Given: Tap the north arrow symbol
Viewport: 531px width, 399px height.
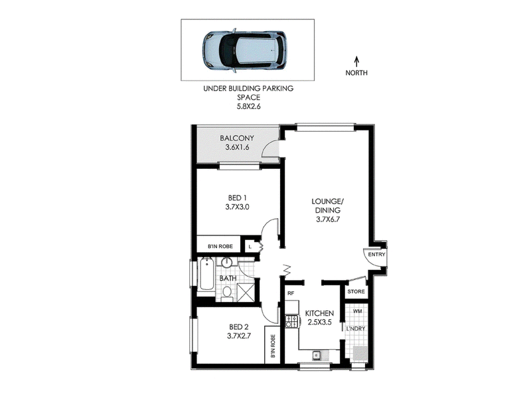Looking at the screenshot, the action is [x=356, y=61].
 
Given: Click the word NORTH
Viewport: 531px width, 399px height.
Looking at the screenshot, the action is [x=356, y=72].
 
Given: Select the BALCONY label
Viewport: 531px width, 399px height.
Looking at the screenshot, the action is [x=237, y=138].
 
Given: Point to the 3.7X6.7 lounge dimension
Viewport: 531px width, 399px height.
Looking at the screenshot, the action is [x=328, y=219].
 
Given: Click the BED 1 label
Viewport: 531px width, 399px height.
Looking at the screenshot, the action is [x=237, y=198].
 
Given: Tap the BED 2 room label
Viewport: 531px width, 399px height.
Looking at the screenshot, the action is [x=239, y=327].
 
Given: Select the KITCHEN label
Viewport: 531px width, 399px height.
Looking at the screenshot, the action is [x=319, y=313].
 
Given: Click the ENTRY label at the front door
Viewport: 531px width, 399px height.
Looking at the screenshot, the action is [x=376, y=255].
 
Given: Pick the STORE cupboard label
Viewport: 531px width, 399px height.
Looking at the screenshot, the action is [x=356, y=291].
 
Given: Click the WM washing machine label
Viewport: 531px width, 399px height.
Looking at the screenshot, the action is [x=357, y=311].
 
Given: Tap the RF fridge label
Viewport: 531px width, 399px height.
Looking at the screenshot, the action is [x=291, y=293].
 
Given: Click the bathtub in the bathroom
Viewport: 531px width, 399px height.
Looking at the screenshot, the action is [x=206, y=275].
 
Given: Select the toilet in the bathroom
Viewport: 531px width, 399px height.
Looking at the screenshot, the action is [x=227, y=294].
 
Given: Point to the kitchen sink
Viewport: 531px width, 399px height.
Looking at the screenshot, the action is [x=317, y=355].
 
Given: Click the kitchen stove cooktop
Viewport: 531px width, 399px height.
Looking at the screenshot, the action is [x=292, y=321].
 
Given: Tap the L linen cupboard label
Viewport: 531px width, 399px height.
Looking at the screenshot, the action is [x=250, y=247].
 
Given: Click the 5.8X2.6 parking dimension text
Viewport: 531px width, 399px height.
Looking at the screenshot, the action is [x=248, y=106].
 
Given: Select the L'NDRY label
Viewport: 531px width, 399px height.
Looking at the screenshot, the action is [x=356, y=329].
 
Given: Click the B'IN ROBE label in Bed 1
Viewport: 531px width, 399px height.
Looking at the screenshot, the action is [x=220, y=247].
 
